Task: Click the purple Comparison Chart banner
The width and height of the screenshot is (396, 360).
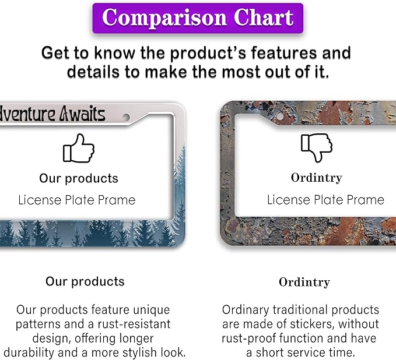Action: coord(198,18)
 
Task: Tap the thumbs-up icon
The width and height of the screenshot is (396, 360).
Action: coord(79,148)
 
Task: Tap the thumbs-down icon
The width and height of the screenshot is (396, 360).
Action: coord(317,147)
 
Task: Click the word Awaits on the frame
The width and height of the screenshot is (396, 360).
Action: coord(82,115)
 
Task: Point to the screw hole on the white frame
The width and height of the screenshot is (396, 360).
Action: coord(126,117)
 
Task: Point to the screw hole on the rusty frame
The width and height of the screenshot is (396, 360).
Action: coord(279,117)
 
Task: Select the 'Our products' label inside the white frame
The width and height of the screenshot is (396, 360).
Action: coord(79,179)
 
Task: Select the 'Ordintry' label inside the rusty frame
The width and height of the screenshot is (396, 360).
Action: coord(317,178)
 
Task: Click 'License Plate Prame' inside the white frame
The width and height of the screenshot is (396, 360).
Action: coord(77,200)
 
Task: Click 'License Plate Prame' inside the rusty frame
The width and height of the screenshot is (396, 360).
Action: coord(326,200)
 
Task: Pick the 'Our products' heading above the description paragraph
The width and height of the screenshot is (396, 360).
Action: coord(85,281)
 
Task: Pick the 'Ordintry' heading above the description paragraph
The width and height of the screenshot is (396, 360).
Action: coord(304,283)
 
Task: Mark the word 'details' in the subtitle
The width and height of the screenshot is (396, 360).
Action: coord(93,72)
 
